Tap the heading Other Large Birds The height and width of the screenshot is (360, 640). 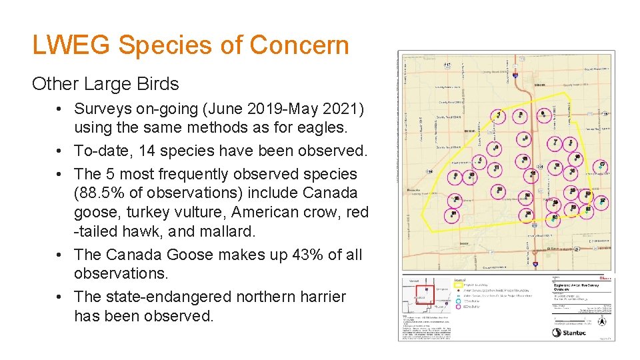105,84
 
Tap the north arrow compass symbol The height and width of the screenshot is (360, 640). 602,320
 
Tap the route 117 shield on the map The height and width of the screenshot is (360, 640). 447,64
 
